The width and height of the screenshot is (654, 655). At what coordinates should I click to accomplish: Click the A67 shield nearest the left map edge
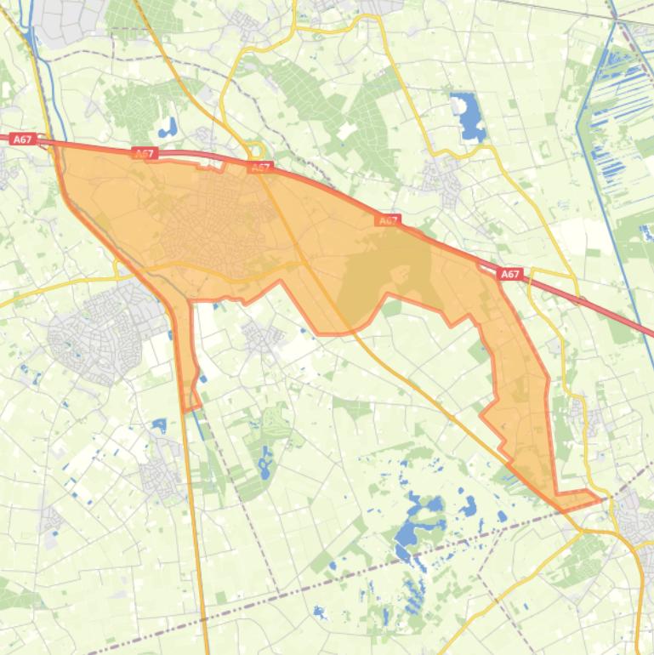(23, 139)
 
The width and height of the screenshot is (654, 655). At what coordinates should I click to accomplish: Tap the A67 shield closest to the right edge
(509, 274)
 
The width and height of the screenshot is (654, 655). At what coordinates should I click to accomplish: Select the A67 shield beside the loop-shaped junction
(261, 168)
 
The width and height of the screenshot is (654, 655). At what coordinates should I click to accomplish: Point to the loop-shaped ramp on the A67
(253, 151)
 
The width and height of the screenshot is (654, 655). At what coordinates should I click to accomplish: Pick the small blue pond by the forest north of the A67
(168, 129)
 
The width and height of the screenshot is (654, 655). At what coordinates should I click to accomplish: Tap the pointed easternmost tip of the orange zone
(595, 496)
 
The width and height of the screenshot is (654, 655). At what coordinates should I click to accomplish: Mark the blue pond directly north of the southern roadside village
(159, 424)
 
